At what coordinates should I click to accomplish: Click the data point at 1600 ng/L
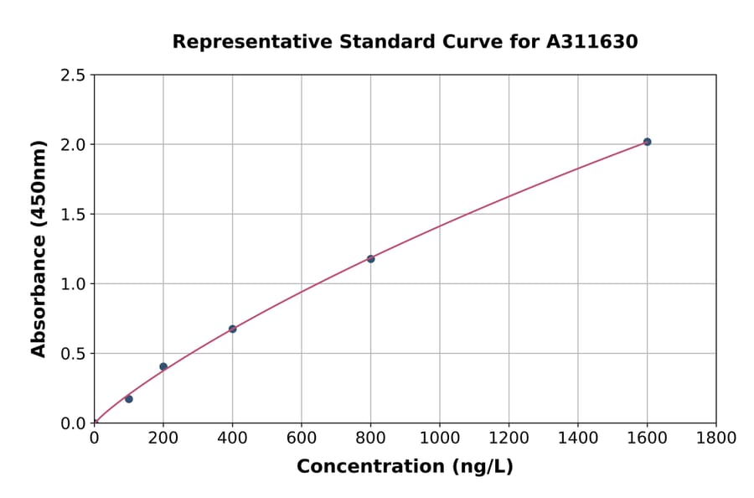pyautogui.click(x=647, y=142)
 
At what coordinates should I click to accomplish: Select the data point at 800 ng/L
pyautogui.click(x=370, y=259)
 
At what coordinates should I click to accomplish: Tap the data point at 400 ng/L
pyautogui.click(x=232, y=329)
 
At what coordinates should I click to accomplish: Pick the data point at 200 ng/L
pyautogui.click(x=163, y=366)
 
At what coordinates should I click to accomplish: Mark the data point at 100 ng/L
pyautogui.click(x=129, y=399)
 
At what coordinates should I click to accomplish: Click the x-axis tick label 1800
pyautogui.click(x=715, y=438)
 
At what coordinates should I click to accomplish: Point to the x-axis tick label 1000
pyautogui.click(x=439, y=438)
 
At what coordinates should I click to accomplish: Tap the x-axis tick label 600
pyautogui.click(x=302, y=438)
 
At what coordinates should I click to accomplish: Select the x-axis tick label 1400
pyautogui.click(x=577, y=438)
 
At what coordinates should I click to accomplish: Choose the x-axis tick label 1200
pyautogui.click(x=509, y=438)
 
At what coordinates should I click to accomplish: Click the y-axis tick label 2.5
pyautogui.click(x=73, y=75)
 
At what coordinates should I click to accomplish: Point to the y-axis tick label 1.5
pyautogui.click(x=73, y=215)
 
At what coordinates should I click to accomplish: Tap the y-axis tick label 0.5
pyautogui.click(x=73, y=354)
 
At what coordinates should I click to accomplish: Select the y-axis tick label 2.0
pyautogui.click(x=73, y=145)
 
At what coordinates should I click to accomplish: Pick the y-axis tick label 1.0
pyautogui.click(x=73, y=284)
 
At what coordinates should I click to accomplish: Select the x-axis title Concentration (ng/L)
pyautogui.click(x=405, y=466)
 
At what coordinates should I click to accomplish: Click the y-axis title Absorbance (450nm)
pyautogui.click(x=39, y=249)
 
